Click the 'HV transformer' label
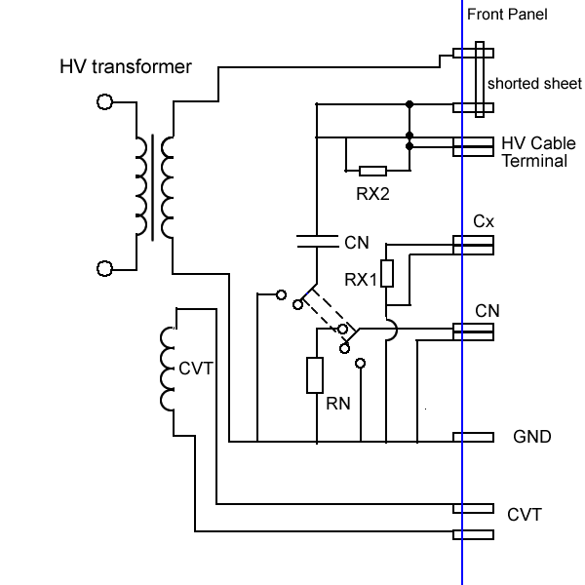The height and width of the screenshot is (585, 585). pyautogui.click(x=126, y=67)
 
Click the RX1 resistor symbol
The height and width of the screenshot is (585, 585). pyautogui.click(x=387, y=274)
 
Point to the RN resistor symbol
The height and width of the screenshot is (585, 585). pyautogui.click(x=315, y=375)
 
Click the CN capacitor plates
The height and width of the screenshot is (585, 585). pyautogui.click(x=317, y=240)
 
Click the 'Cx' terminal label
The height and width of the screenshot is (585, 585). pyautogui.click(x=484, y=221)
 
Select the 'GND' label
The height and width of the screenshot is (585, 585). pyautogui.click(x=532, y=437)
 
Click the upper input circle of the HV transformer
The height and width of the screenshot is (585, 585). pyautogui.click(x=104, y=101)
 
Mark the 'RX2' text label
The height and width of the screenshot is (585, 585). pyautogui.click(x=372, y=194)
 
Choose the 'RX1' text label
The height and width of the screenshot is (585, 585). pyautogui.click(x=361, y=280)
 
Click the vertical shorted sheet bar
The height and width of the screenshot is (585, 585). pyautogui.click(x=479, y=80)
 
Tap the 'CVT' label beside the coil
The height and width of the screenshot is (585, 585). pyautogui.click(x=196, y=369)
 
